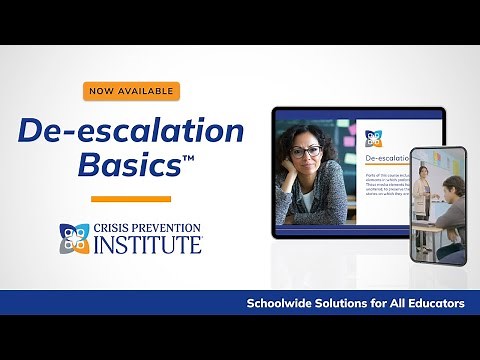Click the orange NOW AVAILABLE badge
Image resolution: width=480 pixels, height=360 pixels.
coord(131,91)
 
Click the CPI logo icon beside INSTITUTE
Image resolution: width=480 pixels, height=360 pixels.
coord(71,238)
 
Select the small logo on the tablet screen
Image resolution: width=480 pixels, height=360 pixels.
coord(373,138)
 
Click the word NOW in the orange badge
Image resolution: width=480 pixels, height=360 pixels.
coord(103,91)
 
